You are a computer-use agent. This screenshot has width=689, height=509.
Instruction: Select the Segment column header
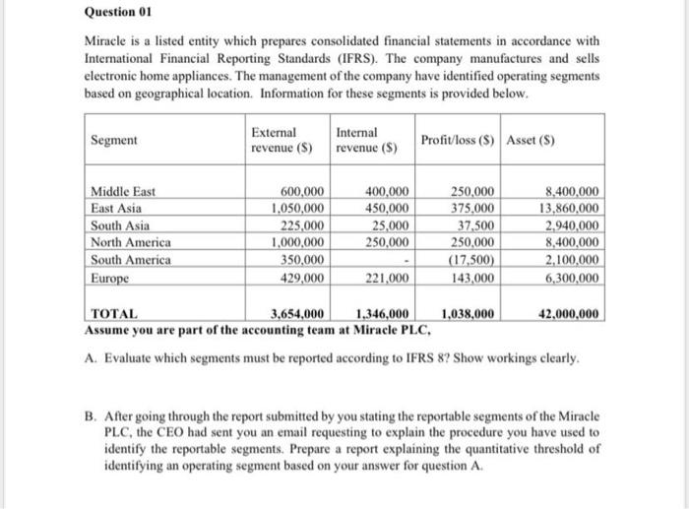pos(113,140)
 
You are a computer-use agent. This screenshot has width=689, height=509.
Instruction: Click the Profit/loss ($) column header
pos(460,140)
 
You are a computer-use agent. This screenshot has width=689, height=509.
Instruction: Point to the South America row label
pos(131,260)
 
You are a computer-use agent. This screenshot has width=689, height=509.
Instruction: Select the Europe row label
pos(110,278)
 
